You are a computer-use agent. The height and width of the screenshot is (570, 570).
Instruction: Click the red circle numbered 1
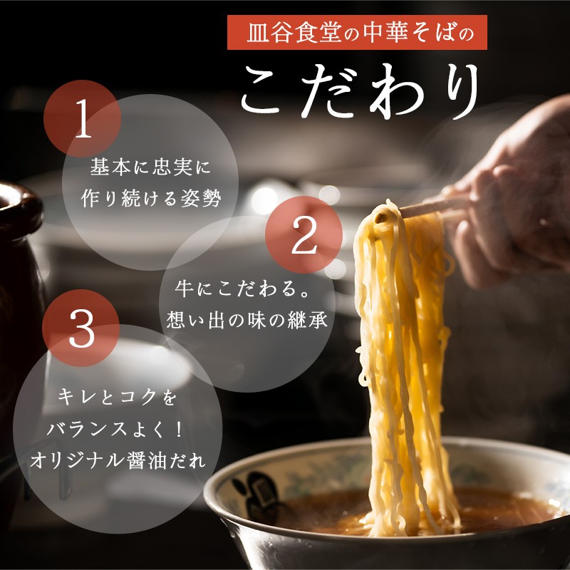click(x=82, y=118)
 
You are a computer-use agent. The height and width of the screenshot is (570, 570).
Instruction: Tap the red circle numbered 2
click(x=304, y=235)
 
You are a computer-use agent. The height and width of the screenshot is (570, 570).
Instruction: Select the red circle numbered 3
click(x=81, y=328)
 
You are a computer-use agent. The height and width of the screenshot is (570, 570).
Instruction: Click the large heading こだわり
click(x=360, y=92)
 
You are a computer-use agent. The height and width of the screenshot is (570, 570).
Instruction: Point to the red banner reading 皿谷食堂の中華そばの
click(x=357, y=32)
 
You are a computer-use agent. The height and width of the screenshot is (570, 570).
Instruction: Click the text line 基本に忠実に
click(x=150, y=167)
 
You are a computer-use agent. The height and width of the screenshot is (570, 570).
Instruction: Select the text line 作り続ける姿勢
click(x=150, y=199)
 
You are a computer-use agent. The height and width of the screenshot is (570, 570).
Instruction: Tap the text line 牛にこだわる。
click(x=242, y=289)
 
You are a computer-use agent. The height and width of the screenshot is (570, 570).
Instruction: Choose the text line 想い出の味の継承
click(x=247, y=320)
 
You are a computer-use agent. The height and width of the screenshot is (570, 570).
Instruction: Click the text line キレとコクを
click(x=117, y=397)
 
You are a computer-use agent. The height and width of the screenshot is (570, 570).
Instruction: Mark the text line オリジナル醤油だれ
click(x=118, y=461)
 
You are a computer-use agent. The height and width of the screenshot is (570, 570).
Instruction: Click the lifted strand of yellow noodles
click(x=403, y=363)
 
